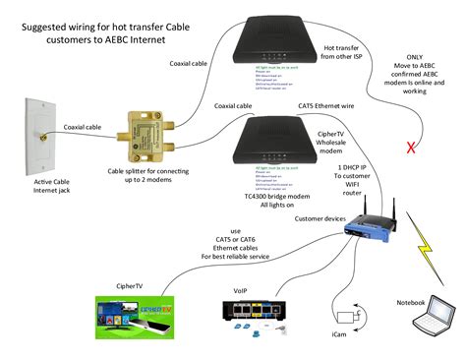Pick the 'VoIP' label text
[240, 291]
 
